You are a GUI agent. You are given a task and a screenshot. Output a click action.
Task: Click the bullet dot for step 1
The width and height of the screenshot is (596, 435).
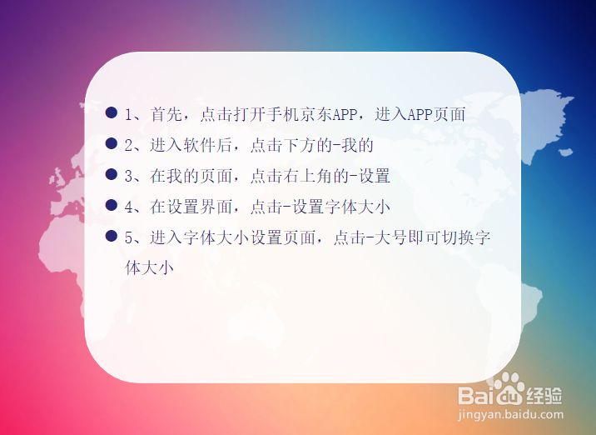point(112,112)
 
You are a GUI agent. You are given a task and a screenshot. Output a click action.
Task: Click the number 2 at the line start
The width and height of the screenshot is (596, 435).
point(129,145)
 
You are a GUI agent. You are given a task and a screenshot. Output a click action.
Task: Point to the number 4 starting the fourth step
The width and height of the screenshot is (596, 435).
point(129,207)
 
